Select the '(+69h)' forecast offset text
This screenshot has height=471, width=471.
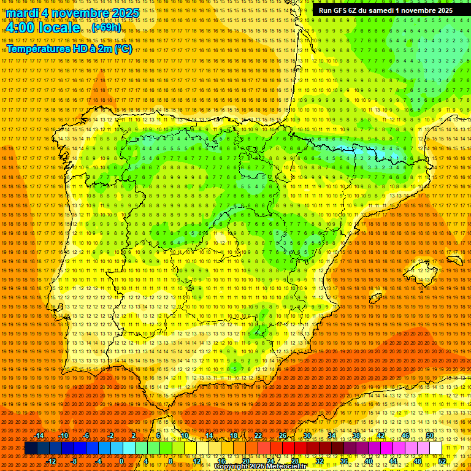click(107, 28)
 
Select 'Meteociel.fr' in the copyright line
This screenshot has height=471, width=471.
click(287, 467)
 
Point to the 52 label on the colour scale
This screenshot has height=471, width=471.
click(442, 461)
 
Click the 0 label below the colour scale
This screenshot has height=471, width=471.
click(121, 461)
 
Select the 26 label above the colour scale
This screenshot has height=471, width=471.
click(283, 435)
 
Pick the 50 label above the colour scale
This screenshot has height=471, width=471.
click(430, 435)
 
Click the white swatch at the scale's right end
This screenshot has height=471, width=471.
click(435, 448)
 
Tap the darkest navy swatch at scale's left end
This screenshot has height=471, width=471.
click(31, 448)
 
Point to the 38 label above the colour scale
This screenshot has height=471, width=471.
click(356, 435)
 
